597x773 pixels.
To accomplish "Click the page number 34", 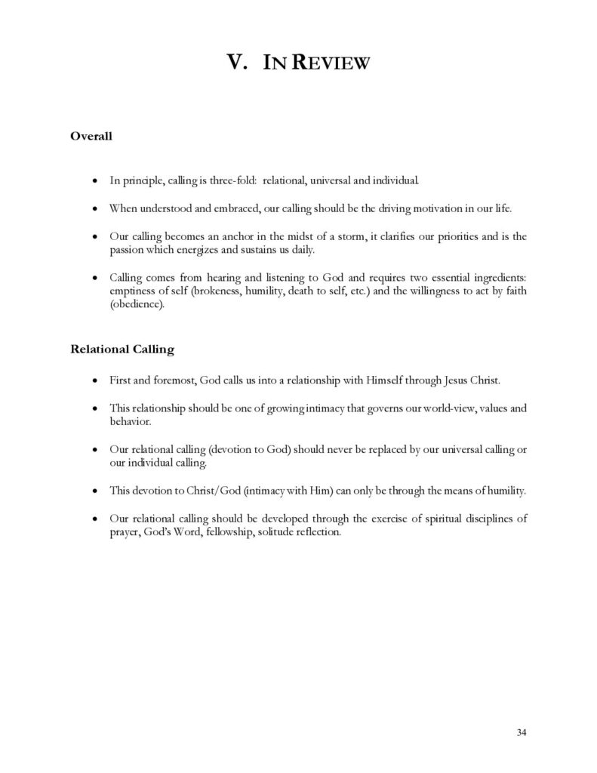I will coord(522,732).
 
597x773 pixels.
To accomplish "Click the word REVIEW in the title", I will coord(331,64).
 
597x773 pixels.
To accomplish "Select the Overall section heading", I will coord(91,137).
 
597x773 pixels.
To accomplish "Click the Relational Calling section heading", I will coord(122,350).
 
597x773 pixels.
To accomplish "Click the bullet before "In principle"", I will coord(93,182).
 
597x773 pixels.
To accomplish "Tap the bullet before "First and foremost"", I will coord(93,381).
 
